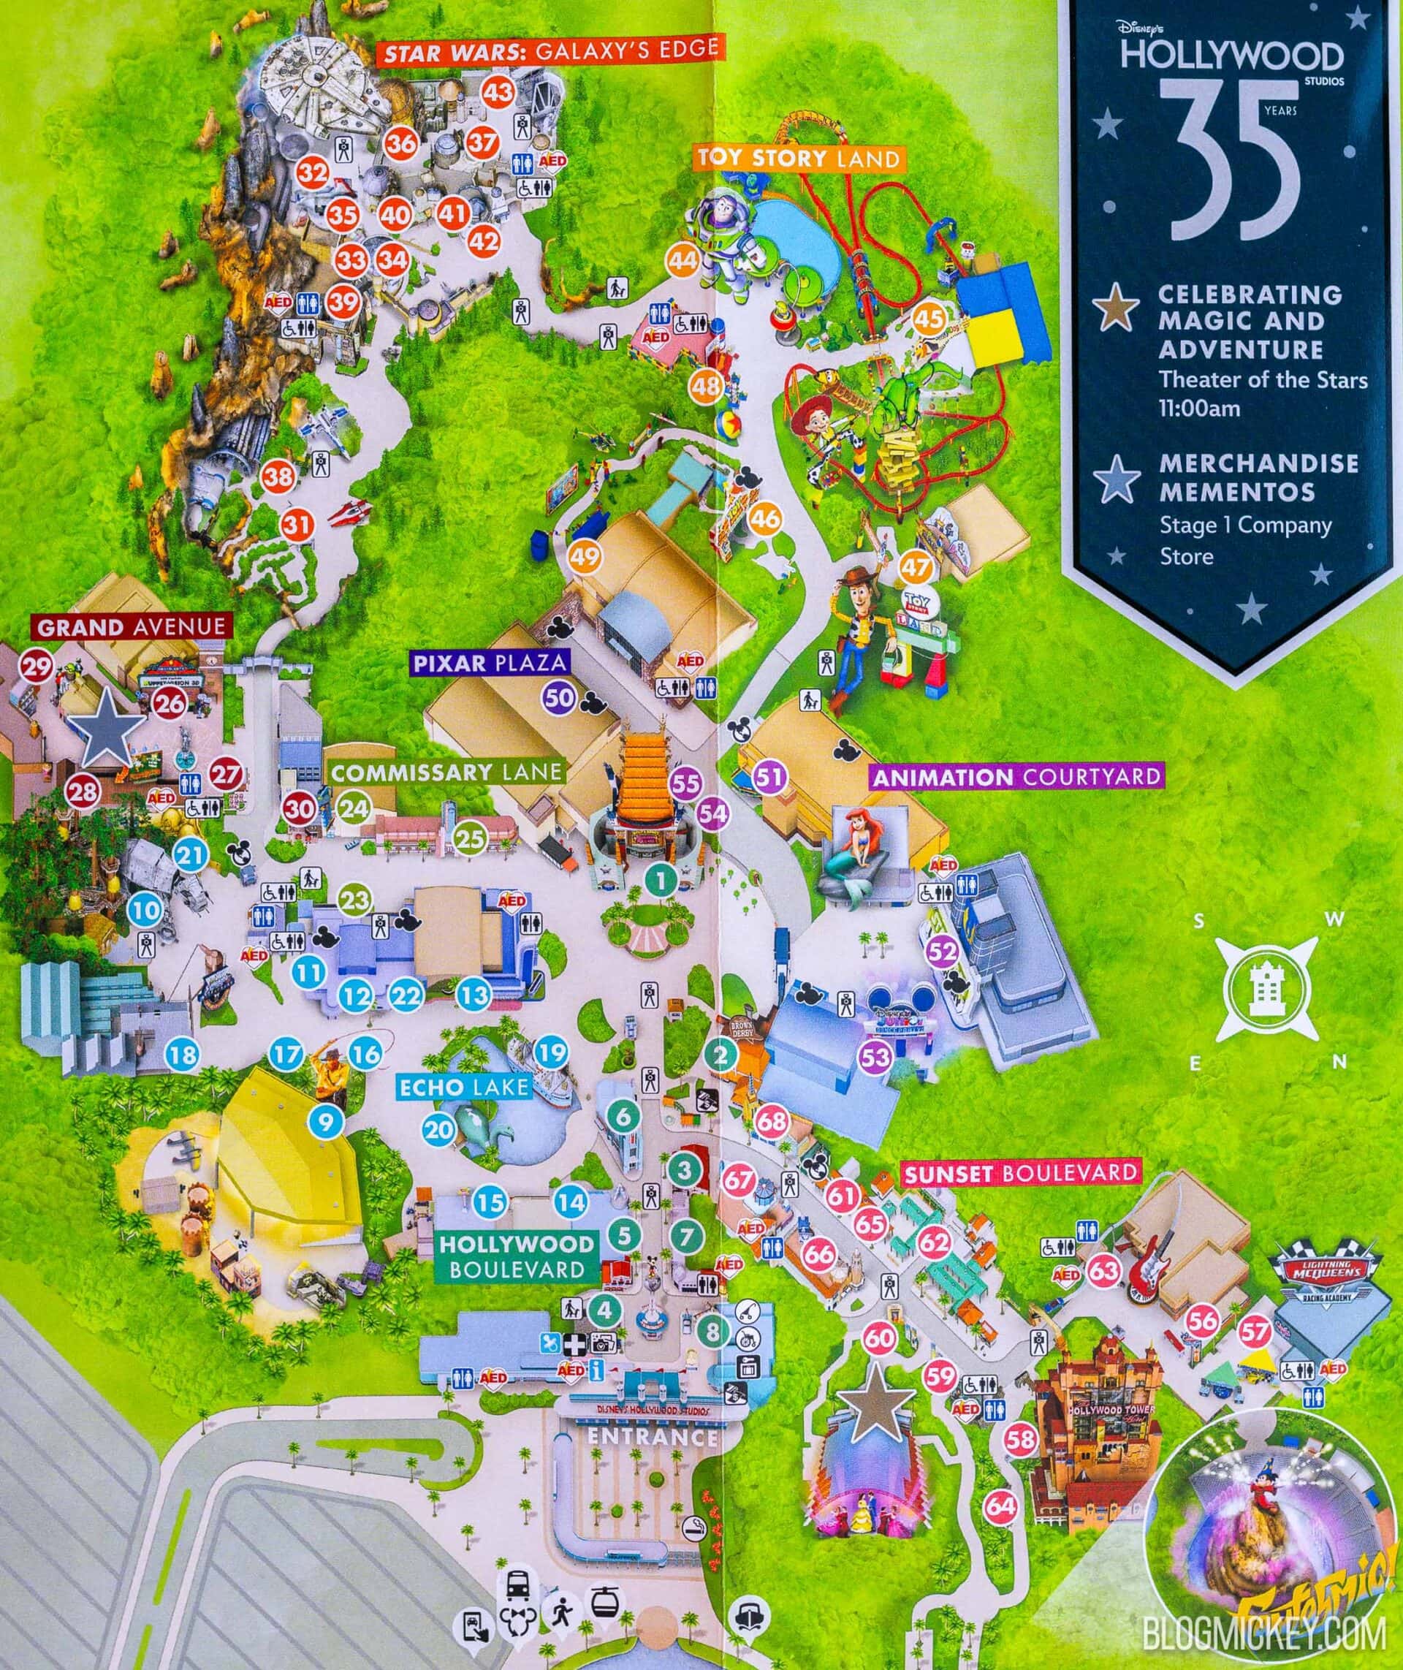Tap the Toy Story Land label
tap(798, 158)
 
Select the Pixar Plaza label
tap(490, 663)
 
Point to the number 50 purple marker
tap(559, 698)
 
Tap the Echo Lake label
tap(465, 1087)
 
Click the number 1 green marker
tap(661, 879)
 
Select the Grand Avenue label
tap(132, 626)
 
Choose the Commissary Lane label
tap(446, 772)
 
